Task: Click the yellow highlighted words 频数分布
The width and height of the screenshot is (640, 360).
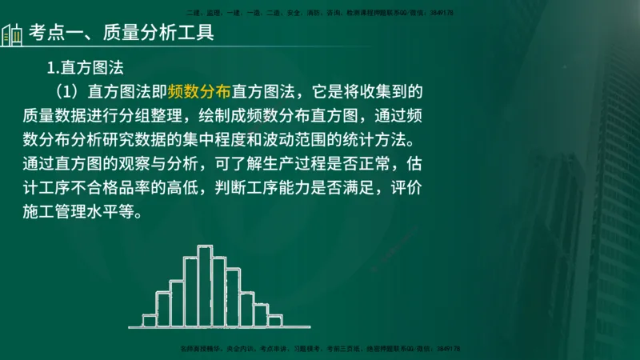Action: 198,90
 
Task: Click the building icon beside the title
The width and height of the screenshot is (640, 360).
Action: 12,35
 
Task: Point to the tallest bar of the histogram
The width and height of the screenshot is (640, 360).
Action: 205,286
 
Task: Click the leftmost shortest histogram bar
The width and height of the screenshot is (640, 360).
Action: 149,321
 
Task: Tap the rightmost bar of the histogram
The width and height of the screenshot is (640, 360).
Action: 275,321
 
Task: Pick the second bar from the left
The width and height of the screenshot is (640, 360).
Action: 162,309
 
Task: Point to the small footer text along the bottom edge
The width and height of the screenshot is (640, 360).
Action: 320,349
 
